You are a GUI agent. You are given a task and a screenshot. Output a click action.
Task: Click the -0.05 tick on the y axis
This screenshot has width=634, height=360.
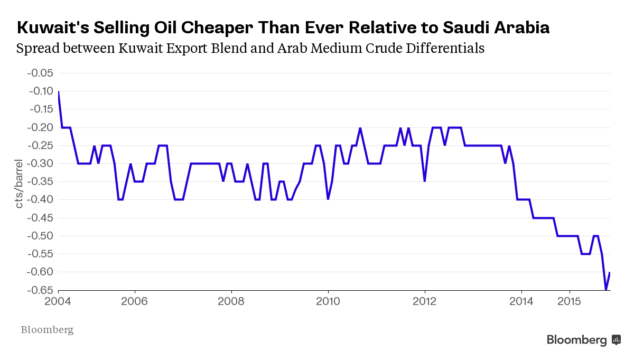[40, 73]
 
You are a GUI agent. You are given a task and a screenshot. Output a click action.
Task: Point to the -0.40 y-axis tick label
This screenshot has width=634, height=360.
[40, 199]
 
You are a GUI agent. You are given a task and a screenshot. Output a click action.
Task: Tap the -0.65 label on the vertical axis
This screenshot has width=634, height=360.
[40, 290]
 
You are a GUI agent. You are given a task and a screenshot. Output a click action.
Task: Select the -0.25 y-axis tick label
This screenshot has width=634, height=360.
[40, 145]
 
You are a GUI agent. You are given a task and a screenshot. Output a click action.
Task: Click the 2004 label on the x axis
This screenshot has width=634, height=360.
[58, 301]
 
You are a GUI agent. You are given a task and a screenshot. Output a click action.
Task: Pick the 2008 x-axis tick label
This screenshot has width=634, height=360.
[231, 301]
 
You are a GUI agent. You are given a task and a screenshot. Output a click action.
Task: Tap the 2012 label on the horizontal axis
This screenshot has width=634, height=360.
[424, 301]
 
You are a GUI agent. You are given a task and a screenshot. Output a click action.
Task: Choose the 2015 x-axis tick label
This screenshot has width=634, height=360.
[570, 301]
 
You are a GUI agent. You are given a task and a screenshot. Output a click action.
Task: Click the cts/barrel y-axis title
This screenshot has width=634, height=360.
[19, 182]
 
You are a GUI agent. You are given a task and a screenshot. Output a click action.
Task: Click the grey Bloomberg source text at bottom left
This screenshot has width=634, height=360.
[47, 330]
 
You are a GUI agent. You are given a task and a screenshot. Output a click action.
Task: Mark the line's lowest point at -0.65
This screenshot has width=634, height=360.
[605, 290]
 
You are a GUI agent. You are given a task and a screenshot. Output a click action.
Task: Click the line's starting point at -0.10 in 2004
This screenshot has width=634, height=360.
[58, 91]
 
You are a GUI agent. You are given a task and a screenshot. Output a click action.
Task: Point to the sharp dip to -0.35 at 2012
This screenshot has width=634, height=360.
[424, 181]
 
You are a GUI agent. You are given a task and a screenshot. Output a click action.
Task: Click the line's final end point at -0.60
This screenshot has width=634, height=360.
[610, 272]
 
